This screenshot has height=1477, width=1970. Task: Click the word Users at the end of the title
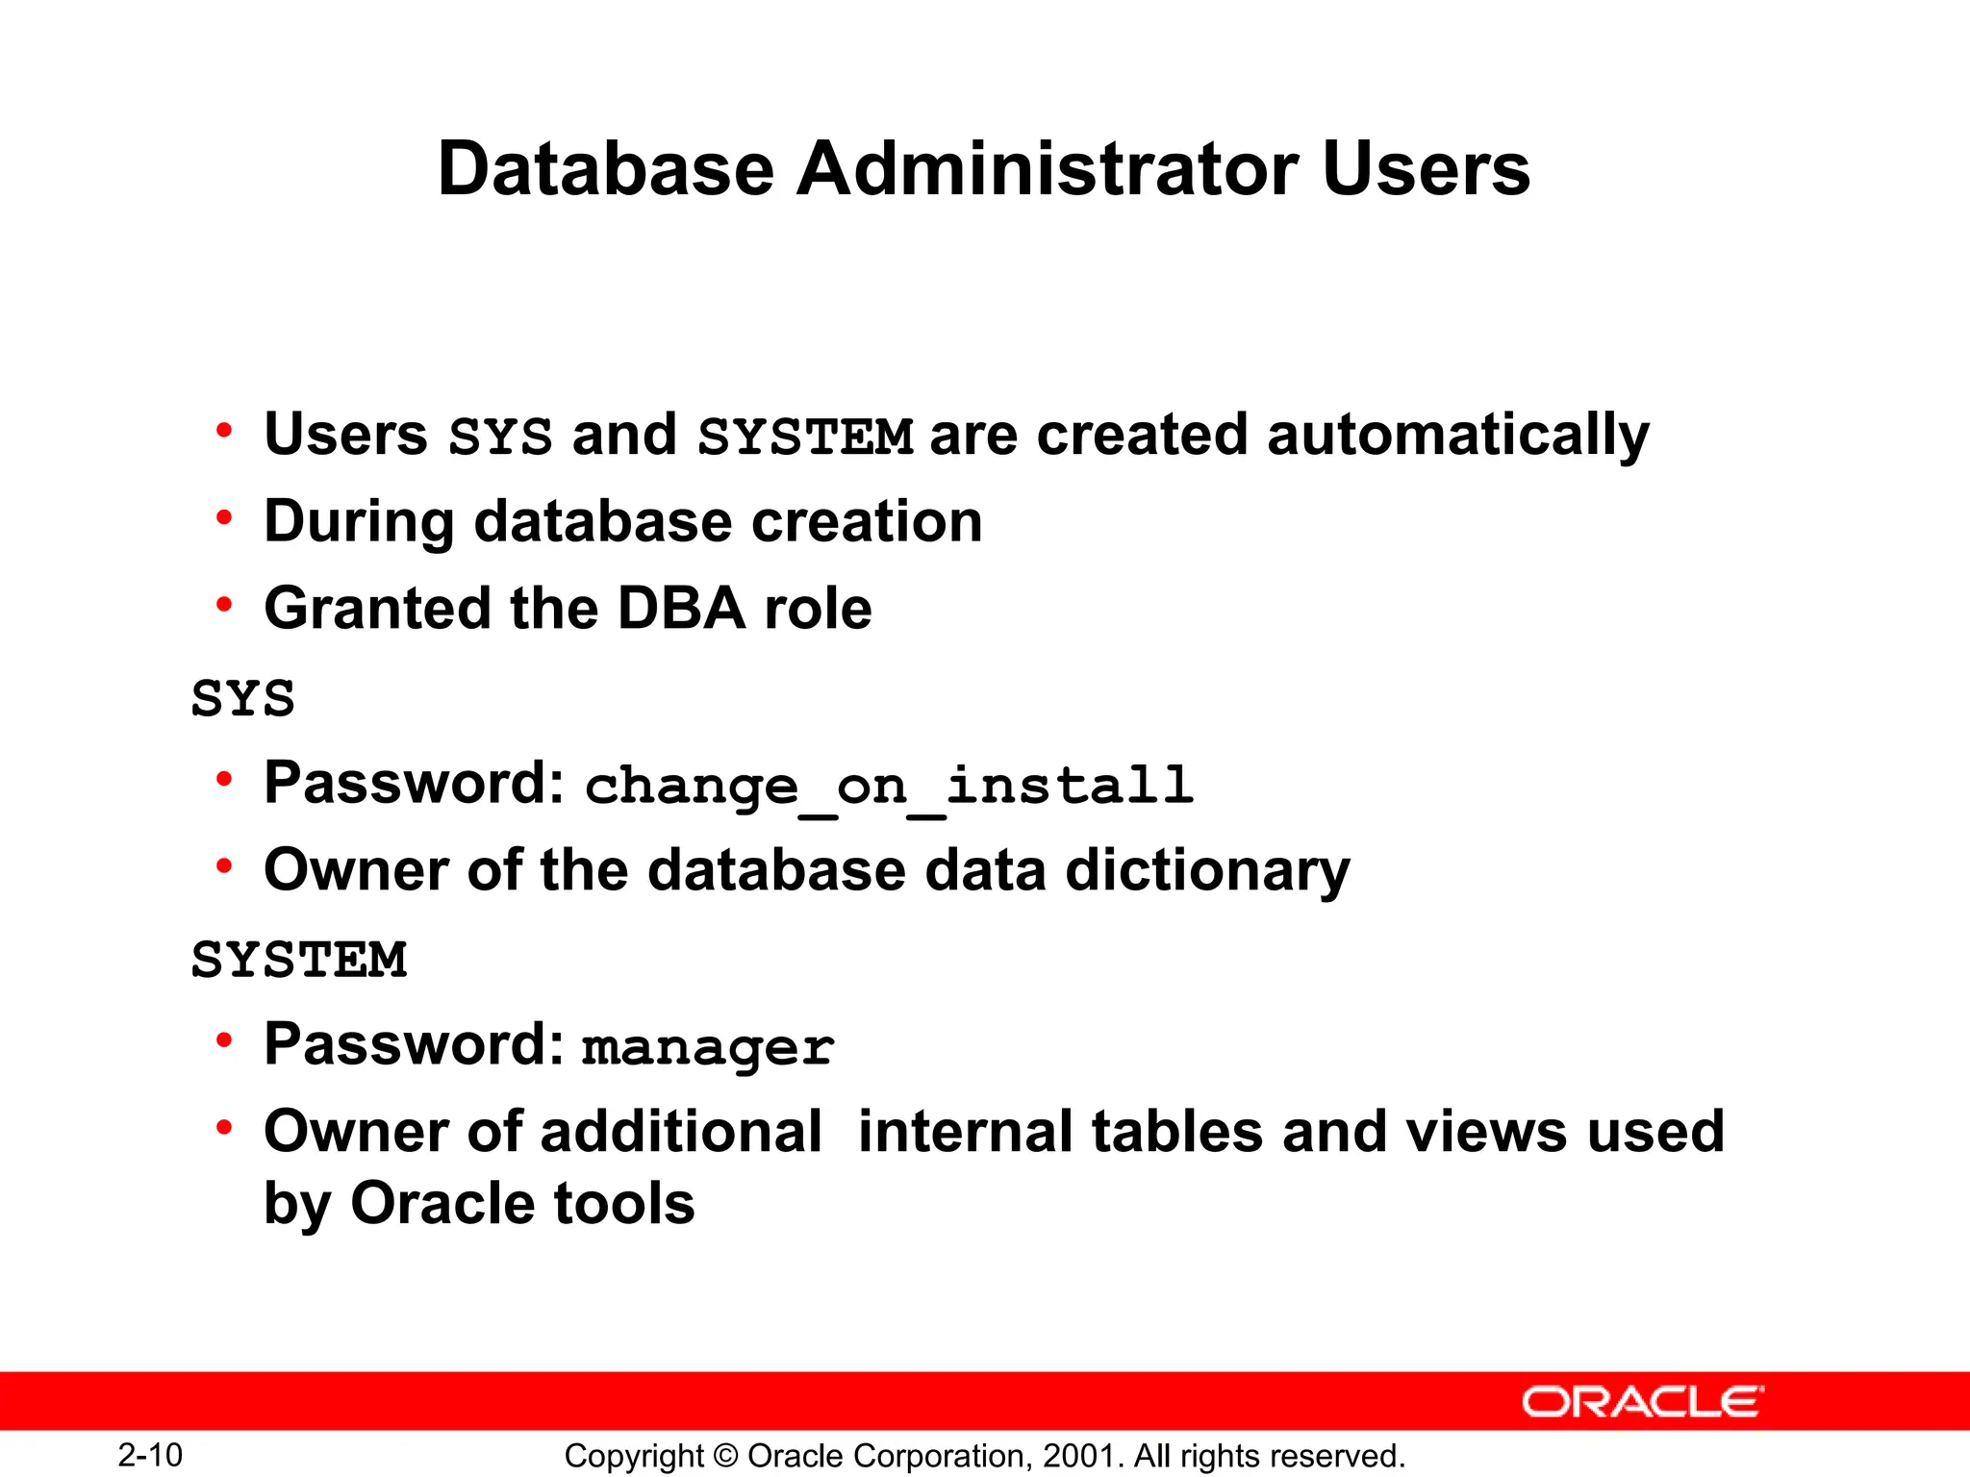point(1426,168)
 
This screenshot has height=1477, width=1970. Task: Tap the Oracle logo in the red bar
point(1642,1402)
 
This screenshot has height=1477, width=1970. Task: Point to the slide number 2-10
point(150,1455)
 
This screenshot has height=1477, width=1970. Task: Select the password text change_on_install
point(890,786)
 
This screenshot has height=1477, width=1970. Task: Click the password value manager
point(708,1046)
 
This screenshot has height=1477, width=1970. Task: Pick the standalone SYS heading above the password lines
point(242,698)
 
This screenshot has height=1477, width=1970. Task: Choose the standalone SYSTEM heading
point(299,960)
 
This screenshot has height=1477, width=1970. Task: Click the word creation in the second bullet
point(867,522)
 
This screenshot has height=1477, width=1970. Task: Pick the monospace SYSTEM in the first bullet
point(805,437)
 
